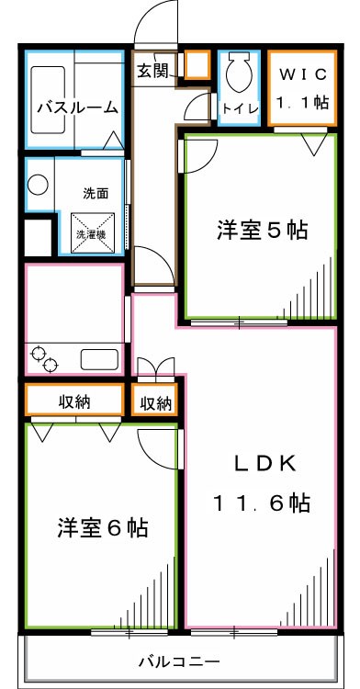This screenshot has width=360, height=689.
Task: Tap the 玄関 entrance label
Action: click(x=152, y=71)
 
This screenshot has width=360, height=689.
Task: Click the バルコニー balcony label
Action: click(x=179, y=661)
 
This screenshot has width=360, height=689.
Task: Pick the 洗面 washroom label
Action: click(x=96, y=194)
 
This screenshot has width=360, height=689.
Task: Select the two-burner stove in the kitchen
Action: click(x=43, y=358)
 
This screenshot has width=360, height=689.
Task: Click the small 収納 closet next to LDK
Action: click(x=156, y=402)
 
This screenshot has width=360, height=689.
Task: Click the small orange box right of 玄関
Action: click(x=197, y=65)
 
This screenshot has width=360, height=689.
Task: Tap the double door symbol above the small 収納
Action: click(x=155, y=368)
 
